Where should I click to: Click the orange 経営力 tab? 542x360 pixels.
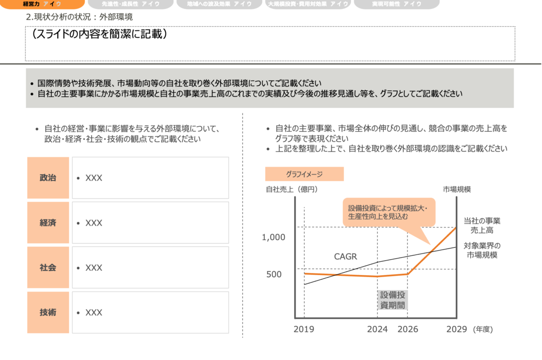point(42,4)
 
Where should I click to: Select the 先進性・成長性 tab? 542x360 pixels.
point(131,4)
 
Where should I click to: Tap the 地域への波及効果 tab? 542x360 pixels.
point(219,4)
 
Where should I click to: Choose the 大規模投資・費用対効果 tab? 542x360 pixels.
point(308,4)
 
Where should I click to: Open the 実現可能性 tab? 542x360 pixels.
point(397,4)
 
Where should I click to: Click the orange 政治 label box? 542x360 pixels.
point(48,178)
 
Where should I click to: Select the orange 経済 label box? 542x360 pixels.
point(48,223)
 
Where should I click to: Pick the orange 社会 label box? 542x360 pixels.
point(48,268)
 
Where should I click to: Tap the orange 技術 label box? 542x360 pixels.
point(48,313)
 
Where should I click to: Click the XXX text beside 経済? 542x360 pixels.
point(94,223)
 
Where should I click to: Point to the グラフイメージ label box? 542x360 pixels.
point(304,174)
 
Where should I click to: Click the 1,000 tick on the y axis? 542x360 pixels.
point(273,237)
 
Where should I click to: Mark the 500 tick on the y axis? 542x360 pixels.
point(274,274)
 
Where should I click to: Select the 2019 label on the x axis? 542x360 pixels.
point(304,329)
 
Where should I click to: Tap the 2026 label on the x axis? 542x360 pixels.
point(407,329)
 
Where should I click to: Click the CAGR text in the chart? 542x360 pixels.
point(345,256)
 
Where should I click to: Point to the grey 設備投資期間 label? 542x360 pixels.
point(393,300)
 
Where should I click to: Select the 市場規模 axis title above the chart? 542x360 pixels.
point(457,189)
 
